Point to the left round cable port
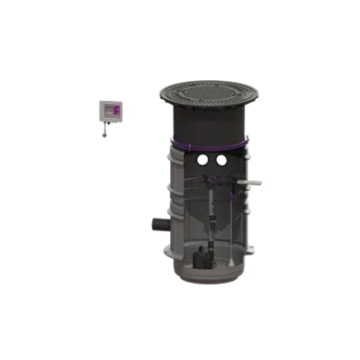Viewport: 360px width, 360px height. coord(192,159)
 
